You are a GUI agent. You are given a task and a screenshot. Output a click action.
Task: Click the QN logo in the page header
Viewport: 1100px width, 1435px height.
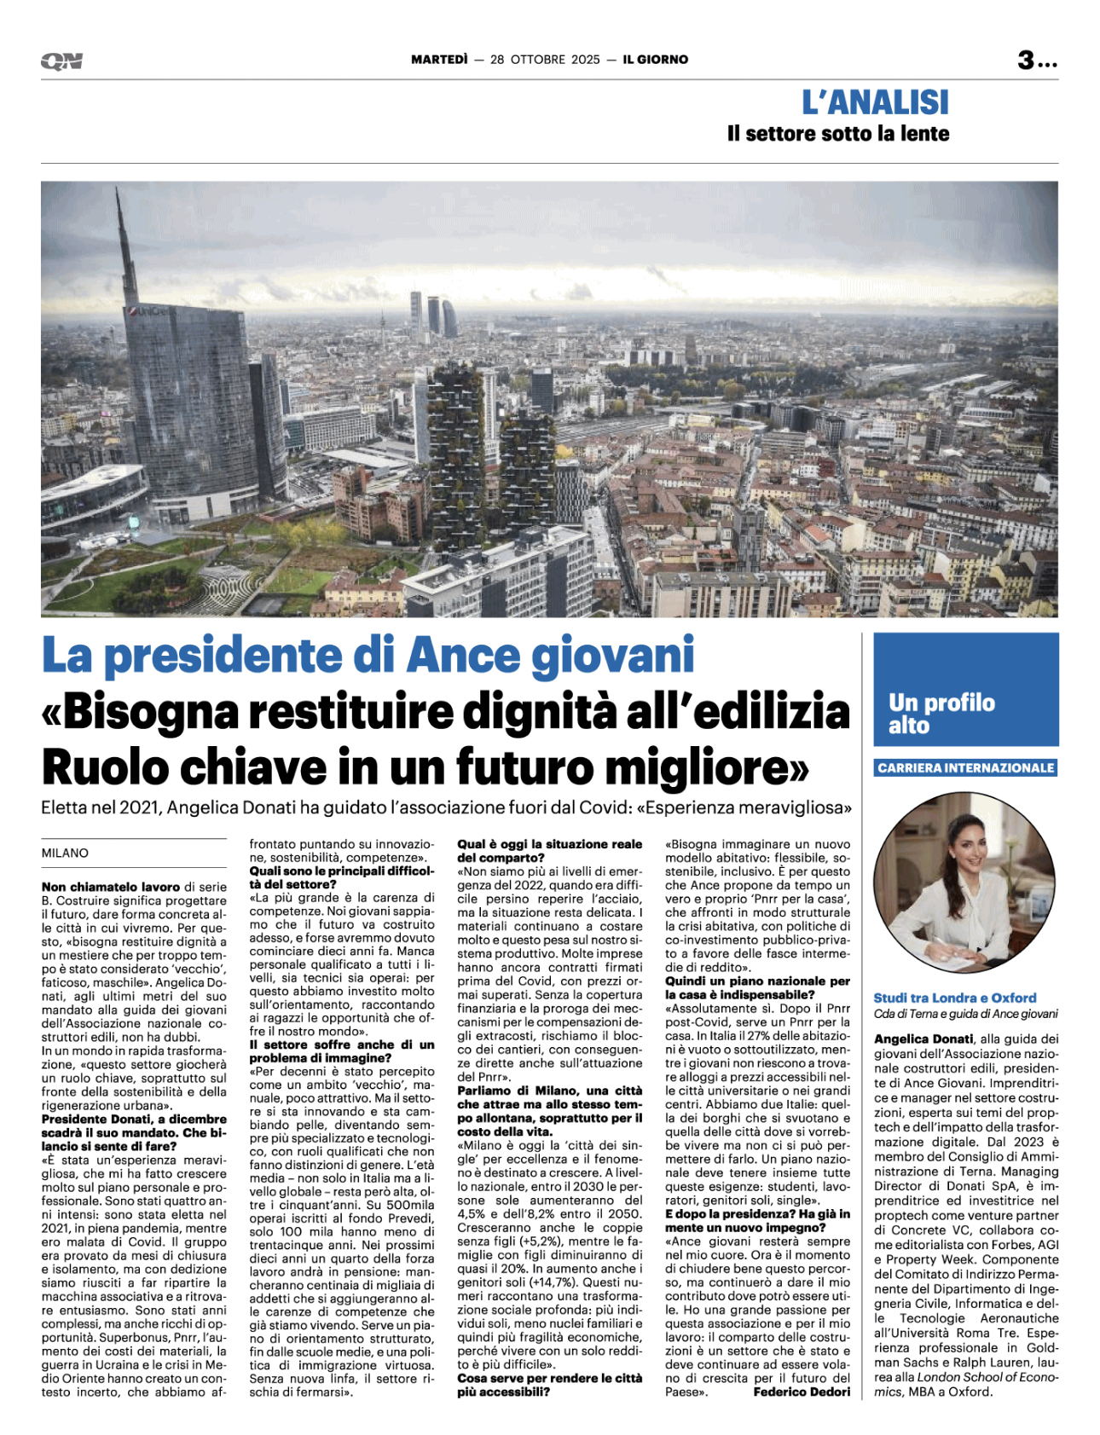(61, 61)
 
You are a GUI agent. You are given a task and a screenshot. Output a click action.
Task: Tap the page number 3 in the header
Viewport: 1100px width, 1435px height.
(1026, 61)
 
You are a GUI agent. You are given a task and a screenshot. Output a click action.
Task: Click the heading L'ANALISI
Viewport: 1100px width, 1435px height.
(875, 102)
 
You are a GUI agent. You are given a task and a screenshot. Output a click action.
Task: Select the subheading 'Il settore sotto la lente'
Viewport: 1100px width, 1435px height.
(837, 134)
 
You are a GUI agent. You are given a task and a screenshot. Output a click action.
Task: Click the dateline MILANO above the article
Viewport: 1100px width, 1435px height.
(65, 853)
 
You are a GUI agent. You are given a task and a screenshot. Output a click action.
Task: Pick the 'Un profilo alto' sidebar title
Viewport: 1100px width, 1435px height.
(941, 714)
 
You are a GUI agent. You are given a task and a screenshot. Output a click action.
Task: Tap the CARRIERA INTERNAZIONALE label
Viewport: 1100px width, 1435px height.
(965, 768)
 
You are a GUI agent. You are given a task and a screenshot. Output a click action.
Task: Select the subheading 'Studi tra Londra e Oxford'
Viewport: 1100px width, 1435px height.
(954, 998)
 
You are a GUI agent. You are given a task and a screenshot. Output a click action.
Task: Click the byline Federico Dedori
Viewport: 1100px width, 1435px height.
(802, 1392)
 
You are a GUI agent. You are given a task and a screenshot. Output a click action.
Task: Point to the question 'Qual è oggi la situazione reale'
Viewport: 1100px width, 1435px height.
(550, 844)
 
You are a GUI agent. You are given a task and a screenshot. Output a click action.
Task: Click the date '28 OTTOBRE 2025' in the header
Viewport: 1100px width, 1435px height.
(545, 60)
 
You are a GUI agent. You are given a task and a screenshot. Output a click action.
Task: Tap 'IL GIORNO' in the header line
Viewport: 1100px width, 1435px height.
(655, 60)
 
